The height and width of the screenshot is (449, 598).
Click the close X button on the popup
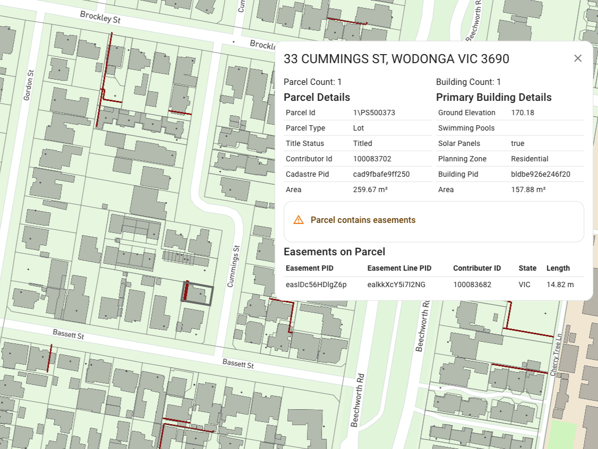[578, 58]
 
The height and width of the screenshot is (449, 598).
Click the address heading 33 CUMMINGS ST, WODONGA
[396, 59]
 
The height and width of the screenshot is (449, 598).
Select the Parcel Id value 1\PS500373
[374, 113]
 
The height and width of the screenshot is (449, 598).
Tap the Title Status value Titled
[362, 143]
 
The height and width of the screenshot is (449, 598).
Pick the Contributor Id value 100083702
[372, 159]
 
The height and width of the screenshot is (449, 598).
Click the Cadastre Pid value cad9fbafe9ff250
[381, 174]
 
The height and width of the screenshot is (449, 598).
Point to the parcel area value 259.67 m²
[370, 189]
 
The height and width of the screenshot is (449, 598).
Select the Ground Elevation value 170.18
[522, 113]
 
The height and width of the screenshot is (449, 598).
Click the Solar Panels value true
[517, 143]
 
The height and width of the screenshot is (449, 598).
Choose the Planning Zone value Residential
[529, 159]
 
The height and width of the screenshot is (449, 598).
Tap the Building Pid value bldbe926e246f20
[540, 174]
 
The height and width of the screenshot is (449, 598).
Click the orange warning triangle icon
[298, 220]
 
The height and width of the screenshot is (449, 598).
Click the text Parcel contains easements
[363, 220]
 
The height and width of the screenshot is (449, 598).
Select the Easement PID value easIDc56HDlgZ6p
[316, 284]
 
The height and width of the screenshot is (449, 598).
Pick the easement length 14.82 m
[560, 284]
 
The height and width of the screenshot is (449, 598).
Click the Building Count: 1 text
[468, 82]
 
